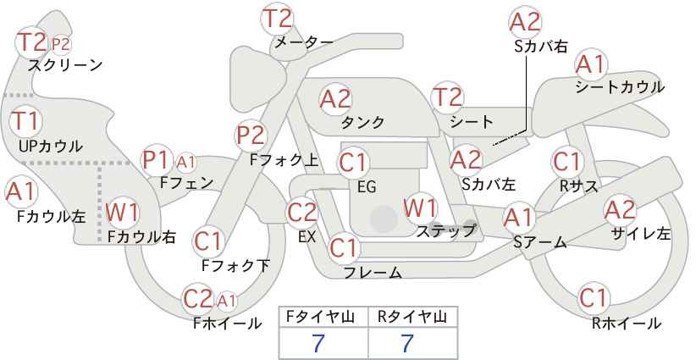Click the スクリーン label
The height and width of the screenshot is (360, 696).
pyautogui.click(x=65, y=66)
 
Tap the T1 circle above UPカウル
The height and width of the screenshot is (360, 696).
pyautogui.click(x=25, y=121)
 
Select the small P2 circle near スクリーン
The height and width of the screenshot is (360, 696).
pyautogui.click(x=60, y=44)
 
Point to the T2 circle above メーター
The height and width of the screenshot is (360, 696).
pyautogui.click(x=278, y=19)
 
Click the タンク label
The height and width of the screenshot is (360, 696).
pyautogui.click(x=362, y=122)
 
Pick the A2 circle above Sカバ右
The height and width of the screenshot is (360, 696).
pyautogui.click(x=525, y=22)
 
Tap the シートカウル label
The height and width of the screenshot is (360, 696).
pyautogui.click(x=620, y=86)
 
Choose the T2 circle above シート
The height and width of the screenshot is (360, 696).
pyautogui.click(x=447, y=97)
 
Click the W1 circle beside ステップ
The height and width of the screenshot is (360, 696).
pyautogui.click(x=420, y=208)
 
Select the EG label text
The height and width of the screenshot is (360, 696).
pyautogui.click(x=367, y=187)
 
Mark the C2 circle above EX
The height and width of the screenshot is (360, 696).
pyautogui.click(x=302, y=213)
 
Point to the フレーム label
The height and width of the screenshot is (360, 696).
pyautogui.click(x=373, y=272)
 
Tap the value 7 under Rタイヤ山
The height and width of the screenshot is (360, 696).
pyautogui.click(x=407, y=343)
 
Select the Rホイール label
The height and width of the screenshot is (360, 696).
pyautogui.click(x=627, y=324)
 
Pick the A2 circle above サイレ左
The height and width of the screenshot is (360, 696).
pyautogui.click(x=620, y=210)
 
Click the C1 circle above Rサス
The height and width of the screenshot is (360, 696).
pyautogui.click(x=567, y=162)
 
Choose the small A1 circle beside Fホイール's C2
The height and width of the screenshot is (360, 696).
pyautogui.click(x=226, y=302)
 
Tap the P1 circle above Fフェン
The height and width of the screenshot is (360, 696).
pyautogui.click(x=157, y=160)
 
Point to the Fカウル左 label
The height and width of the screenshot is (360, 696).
pyautogui.click(x=51, y=217)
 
